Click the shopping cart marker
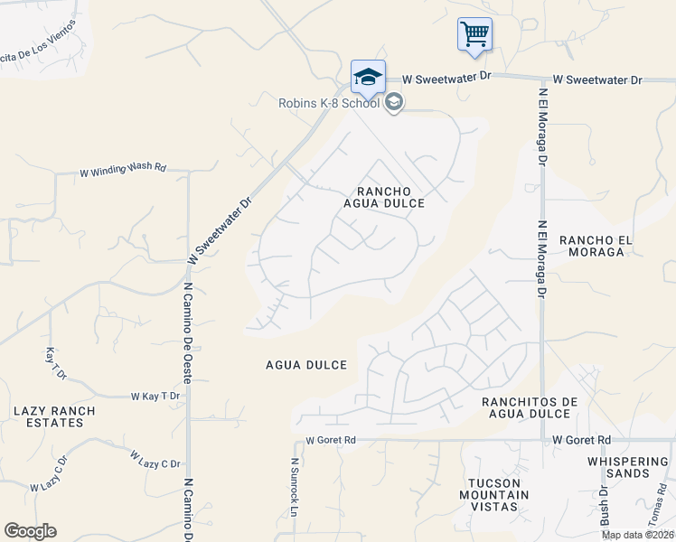[474, 34]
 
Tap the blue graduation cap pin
[368, 77]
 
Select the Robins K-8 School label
[328, 103]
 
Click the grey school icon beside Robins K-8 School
[393, 103]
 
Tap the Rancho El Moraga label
[592, 246]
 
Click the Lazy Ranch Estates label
[54, 416]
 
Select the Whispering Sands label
[630, 467]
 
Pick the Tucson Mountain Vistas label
[494, 495]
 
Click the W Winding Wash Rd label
[124, 169]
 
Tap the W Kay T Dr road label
[155, 397]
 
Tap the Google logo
[30, 531]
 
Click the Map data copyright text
[637, 535]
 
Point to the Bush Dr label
[605, 506]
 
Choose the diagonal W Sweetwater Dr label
[220, 232]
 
